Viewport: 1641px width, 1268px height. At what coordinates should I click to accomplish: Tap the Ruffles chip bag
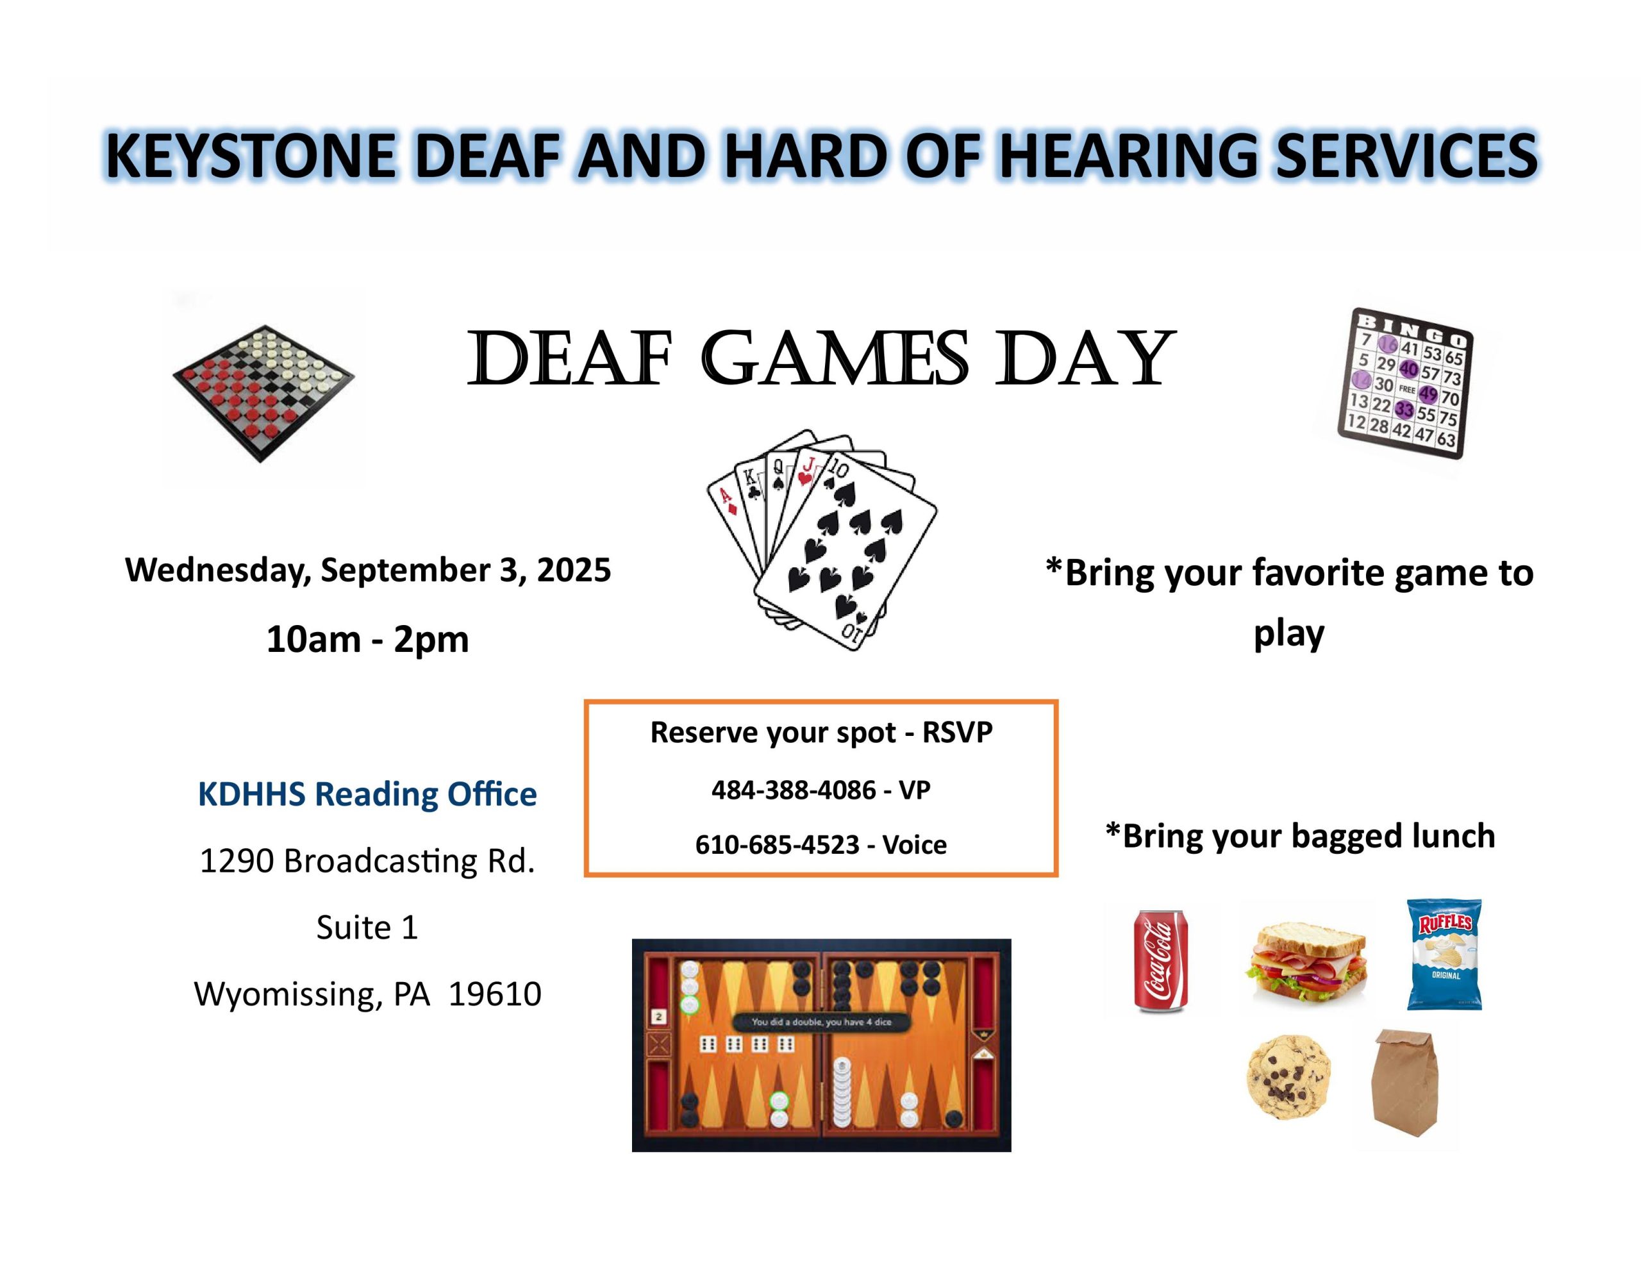point(1444,954)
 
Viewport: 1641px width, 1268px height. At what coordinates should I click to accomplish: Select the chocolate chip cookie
point(1288,1077)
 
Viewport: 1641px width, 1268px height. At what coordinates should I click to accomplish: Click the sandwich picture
point(1308,963)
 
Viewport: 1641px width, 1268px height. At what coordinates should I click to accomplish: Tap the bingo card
point(1405,383)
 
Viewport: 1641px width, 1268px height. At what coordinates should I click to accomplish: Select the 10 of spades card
point(846,553)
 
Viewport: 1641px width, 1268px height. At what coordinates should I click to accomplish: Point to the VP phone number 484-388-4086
point(794,790)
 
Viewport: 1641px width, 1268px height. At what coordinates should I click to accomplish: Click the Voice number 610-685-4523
point(777,845)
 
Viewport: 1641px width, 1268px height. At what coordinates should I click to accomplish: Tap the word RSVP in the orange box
point(957,732)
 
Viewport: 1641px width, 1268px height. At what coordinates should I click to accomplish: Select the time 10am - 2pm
point(367,640)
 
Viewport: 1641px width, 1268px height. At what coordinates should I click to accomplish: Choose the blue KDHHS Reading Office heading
point(367,794)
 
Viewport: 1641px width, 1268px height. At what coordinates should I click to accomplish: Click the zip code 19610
point(495,994)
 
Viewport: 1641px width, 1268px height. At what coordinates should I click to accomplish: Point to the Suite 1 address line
point(367,928)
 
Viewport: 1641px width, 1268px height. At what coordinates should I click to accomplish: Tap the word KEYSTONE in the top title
point(250,156)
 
